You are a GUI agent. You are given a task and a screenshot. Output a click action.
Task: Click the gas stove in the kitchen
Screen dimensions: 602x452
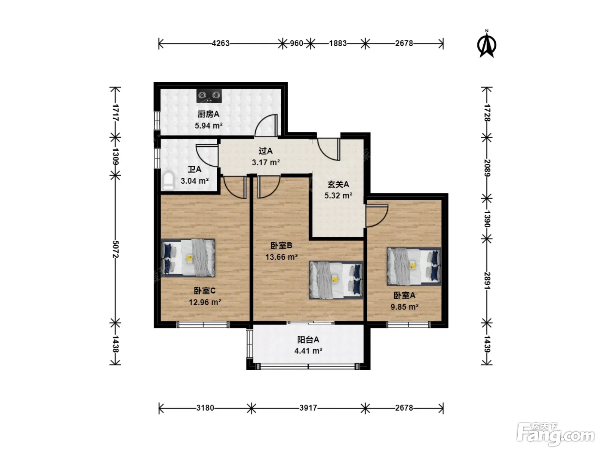click(209, 96)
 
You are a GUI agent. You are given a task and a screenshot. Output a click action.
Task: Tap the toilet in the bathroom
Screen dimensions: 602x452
click(169, 181)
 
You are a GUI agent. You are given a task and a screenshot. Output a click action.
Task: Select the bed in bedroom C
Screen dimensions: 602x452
click(188, 258)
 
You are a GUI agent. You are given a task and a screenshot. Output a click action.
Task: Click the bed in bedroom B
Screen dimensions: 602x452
click(336, 280)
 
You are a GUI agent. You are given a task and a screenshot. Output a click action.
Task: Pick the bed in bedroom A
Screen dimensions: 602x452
click(414, 266)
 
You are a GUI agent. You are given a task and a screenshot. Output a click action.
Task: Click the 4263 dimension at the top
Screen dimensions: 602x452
click(221, 43)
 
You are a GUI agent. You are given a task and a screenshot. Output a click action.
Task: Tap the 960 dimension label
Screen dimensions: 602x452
click(296, 43)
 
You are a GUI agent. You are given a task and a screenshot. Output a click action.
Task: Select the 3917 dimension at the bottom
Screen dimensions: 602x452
click(308, 408)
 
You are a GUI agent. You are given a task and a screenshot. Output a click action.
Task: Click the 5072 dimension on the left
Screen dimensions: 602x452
click(116, 249)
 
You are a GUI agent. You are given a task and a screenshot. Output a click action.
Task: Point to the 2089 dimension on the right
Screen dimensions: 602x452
click(487, 168)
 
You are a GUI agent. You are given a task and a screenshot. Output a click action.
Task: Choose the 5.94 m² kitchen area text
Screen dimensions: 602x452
click(209, 126)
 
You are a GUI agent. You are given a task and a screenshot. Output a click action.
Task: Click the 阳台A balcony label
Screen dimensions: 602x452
click(308, 340)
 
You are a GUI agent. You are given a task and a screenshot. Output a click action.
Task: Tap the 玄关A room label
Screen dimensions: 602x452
click(338, 184)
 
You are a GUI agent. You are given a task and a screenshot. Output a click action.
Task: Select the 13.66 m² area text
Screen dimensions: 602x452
click(281, 257)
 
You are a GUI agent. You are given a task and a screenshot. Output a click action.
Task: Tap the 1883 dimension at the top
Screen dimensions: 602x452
click(338, 43)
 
